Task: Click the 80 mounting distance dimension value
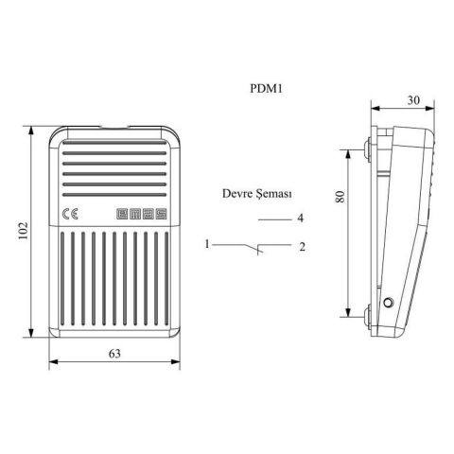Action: click(340, 196)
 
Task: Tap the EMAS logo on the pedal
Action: click(142, 214)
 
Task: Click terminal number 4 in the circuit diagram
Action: click(299, 218)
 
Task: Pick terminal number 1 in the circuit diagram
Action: click(206, 245)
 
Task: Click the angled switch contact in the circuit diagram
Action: click(253, 248)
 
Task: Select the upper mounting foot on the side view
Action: click(364, 148)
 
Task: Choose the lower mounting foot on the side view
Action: click(364, 312)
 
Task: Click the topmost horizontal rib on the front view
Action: click(114, 148)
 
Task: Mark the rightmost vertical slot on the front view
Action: click(165, 274)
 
